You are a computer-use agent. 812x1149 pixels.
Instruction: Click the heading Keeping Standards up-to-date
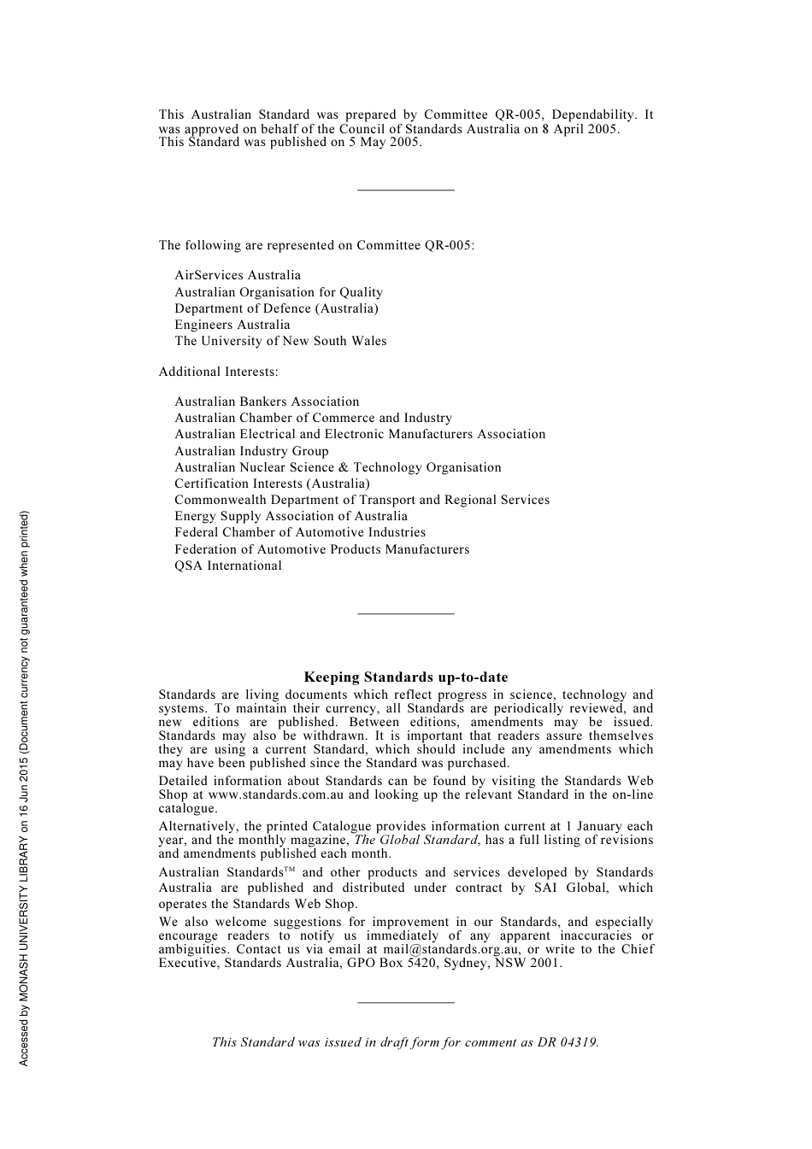405,677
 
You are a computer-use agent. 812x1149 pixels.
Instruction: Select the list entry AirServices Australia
238,275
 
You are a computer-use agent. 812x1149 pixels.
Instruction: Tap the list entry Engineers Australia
232,325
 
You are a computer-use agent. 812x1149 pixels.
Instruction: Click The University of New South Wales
280,341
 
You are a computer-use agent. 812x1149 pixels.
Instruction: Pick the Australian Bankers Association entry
267,402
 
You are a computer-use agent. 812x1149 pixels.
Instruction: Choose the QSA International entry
227,566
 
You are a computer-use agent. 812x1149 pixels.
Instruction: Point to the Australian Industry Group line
251,451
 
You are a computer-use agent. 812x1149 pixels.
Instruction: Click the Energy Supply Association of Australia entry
291,516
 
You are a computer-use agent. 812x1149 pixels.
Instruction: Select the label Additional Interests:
218,372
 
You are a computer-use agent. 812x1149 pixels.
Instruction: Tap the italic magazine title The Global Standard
415,840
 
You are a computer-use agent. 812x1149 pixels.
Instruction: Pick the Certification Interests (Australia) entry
272,484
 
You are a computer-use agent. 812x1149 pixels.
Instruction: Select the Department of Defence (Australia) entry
276,308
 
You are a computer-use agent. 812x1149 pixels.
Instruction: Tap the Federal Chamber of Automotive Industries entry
299,532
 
